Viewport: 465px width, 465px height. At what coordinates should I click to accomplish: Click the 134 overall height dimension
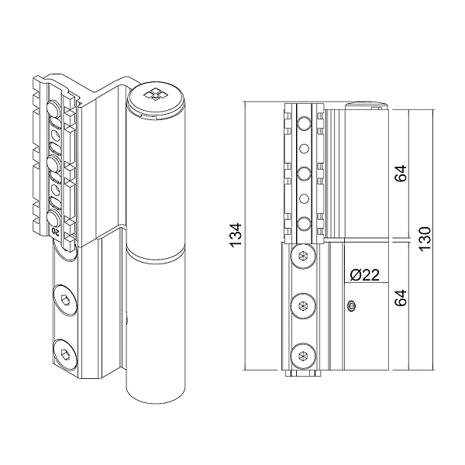click(x=236, y=235)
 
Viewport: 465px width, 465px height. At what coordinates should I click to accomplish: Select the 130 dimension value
click(x=425, y=239)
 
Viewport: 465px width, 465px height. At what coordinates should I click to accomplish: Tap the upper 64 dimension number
click(x=401, y=173)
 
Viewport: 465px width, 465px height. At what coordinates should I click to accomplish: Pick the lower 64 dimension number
click(x=401, y=298)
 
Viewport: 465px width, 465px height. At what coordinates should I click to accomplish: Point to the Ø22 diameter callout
click(x=364, y=275)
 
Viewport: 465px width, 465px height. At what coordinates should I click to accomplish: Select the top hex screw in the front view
click(x=303, y=256)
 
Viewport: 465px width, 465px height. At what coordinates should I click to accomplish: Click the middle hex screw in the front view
click(x=303, y=306)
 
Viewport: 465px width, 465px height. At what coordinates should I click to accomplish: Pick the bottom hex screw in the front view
click(x=303, y=356)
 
